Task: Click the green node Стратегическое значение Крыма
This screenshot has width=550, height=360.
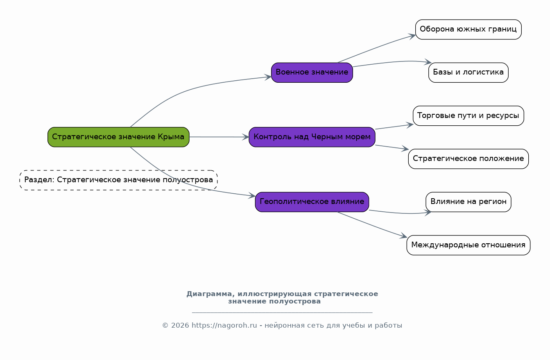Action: (x=118, y=137)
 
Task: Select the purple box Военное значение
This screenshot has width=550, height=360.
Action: (x=312, y=72)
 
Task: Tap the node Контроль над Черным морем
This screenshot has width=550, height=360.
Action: (x=312, y=137)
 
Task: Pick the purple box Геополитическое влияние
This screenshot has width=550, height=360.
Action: (x=312, y=202)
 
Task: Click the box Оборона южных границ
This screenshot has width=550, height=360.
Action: (x=468, y=29)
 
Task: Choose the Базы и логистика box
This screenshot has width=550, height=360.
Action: (x=468, y=72)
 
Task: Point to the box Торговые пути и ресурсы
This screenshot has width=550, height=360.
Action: (x=468, y=115)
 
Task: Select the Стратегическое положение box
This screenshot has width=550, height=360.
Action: (x=468, y=158)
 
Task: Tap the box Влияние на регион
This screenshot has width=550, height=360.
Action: (x=468, y=202)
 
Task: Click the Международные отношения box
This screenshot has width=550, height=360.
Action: (x=468, y=245)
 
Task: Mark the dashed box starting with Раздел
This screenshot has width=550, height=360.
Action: (x=118, y=180)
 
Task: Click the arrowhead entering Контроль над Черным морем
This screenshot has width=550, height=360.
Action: (x=246, y=137)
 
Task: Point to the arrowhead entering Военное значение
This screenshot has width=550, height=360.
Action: (x=268, y=77)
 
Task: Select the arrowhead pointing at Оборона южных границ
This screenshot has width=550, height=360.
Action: (x=412, y=36)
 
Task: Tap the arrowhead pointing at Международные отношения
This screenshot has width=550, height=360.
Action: (x=403, y=236)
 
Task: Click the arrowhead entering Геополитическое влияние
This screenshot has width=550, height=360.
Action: (x=252, y=196)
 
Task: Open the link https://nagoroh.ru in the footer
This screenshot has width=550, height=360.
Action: (x=224, y=325)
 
